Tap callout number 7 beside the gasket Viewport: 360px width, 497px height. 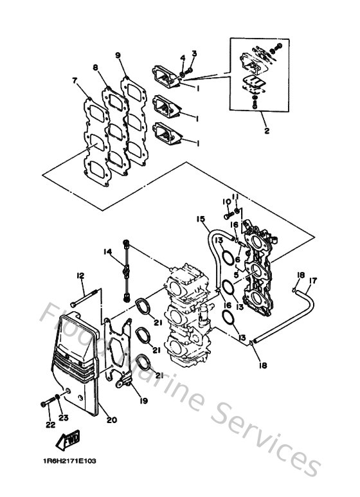point(75,81)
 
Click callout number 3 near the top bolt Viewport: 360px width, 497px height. point(193,53)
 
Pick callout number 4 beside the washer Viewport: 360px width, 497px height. point(183,59)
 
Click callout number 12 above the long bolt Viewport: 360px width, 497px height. point(80,276)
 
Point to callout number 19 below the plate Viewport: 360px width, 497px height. point(144,401)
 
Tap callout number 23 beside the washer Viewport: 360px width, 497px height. point(62,418)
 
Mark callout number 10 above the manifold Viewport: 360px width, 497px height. point(226,201)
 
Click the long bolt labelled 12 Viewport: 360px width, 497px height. point(87,298)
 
